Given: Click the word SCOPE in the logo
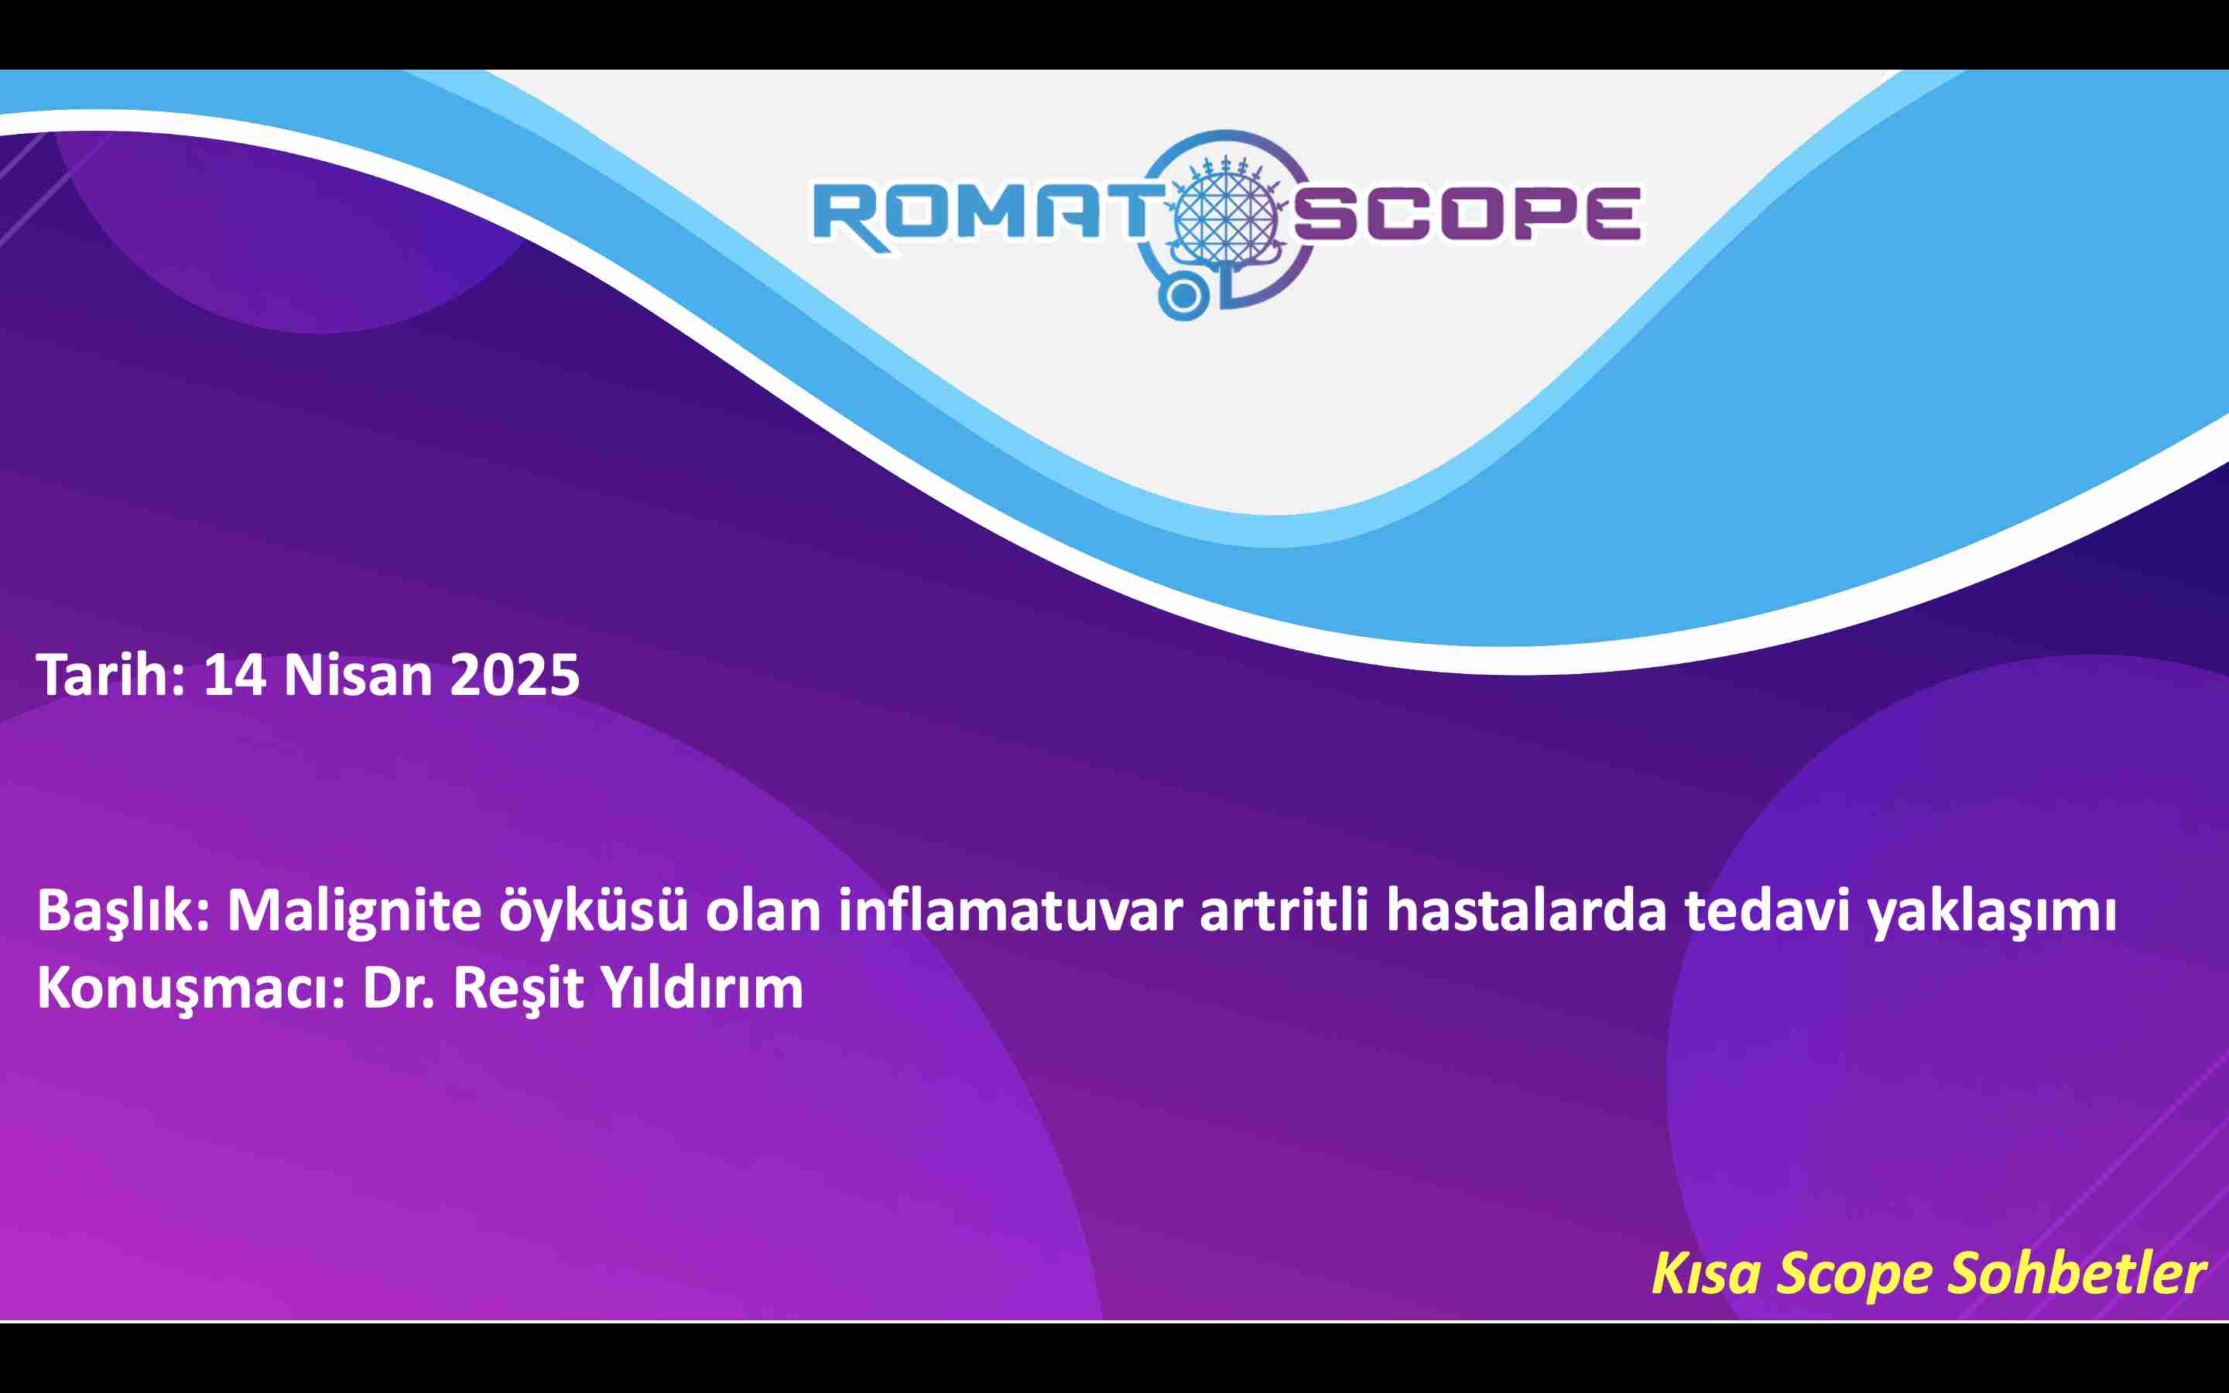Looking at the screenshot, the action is [1467, 214].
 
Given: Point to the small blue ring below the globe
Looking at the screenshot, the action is [1183, 296].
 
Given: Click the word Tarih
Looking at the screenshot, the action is [111, 676].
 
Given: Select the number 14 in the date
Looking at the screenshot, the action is [235, 676].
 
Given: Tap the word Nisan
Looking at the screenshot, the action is [358, 676].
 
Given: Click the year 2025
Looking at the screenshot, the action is [515, 676].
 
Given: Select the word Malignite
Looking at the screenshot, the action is [354, 910].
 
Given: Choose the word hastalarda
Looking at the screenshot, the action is [1527, 910].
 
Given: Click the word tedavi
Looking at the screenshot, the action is [1768, 910].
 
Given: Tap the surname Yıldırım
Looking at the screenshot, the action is [702, 987].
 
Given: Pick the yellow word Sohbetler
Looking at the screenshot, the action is [2077, 1274].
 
